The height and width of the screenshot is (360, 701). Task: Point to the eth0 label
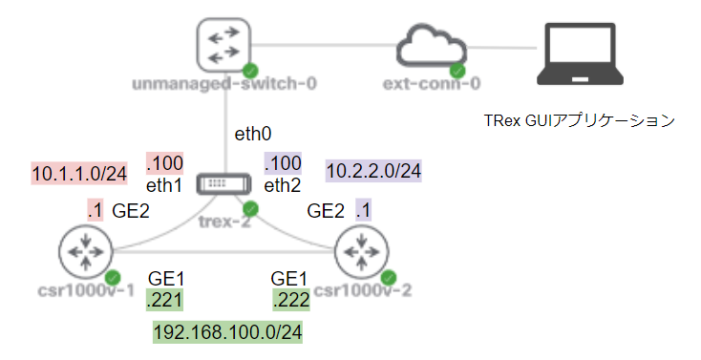point(253,135)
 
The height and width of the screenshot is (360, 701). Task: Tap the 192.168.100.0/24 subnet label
point(227,332)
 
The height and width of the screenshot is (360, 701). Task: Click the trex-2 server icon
point(225,184)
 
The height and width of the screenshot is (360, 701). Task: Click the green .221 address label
point(165,301)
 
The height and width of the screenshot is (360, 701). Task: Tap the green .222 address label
point(289,301)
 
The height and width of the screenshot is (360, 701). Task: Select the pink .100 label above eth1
point(164,161)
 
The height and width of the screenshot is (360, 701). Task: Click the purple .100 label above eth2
point(283,161)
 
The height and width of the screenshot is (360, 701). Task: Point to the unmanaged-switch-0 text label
point(225,84)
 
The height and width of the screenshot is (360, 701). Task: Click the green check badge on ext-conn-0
point(458,71)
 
